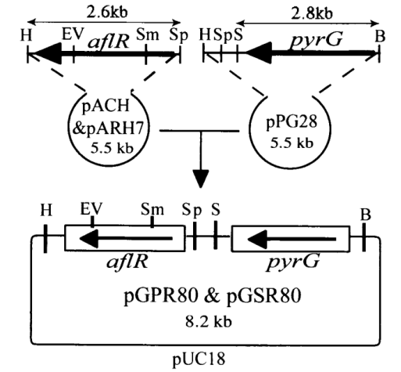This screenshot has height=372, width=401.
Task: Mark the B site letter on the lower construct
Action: tap(364, 212)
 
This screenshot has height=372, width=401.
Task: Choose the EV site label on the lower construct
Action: tap(91, 210)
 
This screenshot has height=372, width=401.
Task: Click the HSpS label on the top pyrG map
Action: tap(218, 34)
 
